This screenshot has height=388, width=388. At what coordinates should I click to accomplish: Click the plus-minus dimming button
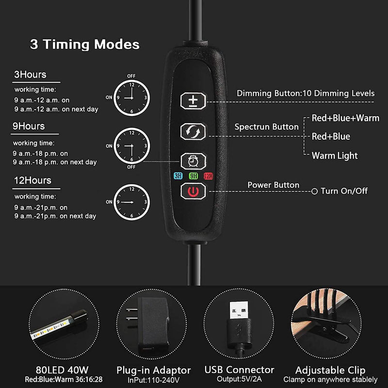(x=193, y=101)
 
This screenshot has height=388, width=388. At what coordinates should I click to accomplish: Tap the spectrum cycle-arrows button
(x=193, y=131)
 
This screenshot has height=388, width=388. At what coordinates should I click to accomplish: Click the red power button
(x=193, y=191)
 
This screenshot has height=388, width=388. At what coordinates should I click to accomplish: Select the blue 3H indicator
(x=178, y=176)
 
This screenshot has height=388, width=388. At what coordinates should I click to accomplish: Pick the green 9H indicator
(x=194, y=176)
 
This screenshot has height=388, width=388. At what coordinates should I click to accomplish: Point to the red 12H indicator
(x=209, y=176)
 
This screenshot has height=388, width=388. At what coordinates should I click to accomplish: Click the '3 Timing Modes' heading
(x=84, y=45)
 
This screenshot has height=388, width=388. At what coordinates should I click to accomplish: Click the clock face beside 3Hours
(x=131, y=98)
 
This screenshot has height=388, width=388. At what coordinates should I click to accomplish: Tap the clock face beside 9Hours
(x=131, y=146)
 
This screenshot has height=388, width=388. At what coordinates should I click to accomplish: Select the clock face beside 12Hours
(x=131, y=202)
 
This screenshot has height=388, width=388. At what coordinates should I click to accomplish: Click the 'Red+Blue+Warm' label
(x=345, y=118)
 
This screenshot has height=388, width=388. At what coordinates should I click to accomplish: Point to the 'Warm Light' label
(x=335, y=156)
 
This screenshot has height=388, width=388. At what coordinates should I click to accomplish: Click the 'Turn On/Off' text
(x=344, y=191)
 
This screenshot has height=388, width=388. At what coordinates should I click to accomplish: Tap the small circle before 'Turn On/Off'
(x=314, y=191)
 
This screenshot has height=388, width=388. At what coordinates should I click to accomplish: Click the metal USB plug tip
(x=239, y=310)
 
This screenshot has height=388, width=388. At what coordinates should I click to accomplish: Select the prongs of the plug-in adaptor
(x=131, y=314)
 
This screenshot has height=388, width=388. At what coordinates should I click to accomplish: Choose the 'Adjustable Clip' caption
(x=330, y=370)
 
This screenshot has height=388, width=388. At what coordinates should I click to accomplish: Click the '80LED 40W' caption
(x=62, y=370)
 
